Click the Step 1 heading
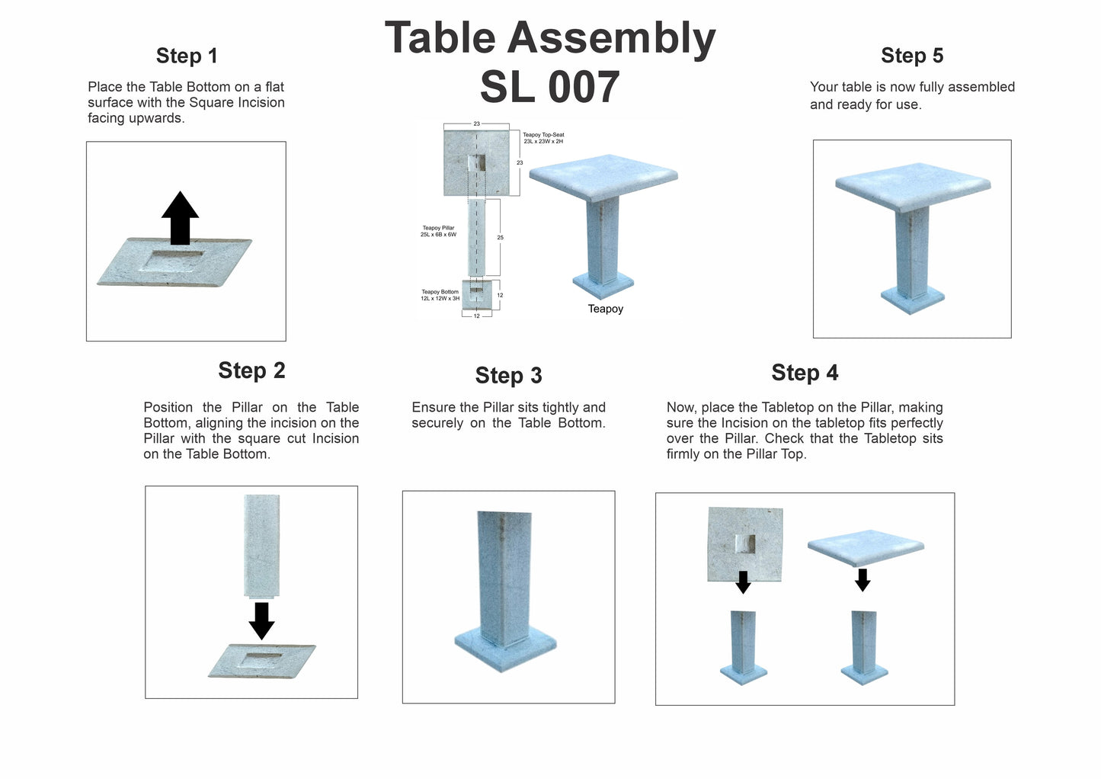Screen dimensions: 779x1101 [187, 56]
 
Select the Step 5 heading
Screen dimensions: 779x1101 [911, 56]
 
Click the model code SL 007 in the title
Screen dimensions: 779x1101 [549, 87]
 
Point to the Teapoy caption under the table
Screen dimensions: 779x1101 [605, 309]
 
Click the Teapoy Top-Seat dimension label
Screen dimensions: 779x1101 [543, 138]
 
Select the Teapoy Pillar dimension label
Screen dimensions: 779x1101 [438, 231]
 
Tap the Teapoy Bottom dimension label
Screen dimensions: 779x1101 [440, 295]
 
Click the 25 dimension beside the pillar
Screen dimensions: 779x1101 [500, 238]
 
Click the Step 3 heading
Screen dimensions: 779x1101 [508, 375]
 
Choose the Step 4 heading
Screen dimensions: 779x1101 [805, 373]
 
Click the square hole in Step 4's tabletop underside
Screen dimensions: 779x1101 [744, 544]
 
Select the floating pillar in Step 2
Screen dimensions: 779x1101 [261, 545]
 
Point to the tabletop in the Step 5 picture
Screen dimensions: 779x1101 [912, 184]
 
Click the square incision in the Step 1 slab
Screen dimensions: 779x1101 [172, 260]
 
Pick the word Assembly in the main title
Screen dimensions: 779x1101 [611, 38]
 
